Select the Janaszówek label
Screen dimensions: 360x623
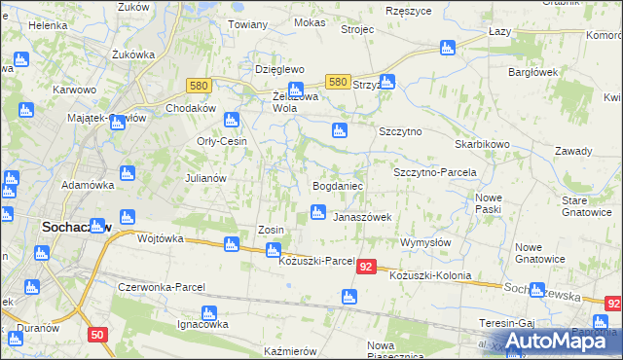[362, 217]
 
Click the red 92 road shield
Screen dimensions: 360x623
[366, 267]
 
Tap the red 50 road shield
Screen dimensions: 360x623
[96, 335]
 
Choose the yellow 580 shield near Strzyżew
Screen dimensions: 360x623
[338, 83]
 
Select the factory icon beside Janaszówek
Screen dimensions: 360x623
[317, 212]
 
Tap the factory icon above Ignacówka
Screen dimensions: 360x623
[207, 313]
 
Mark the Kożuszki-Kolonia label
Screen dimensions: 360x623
[429, 275]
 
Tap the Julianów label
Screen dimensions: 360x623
[205, 178]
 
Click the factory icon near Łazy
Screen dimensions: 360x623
[448, 47]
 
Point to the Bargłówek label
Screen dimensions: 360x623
[531, 72]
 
